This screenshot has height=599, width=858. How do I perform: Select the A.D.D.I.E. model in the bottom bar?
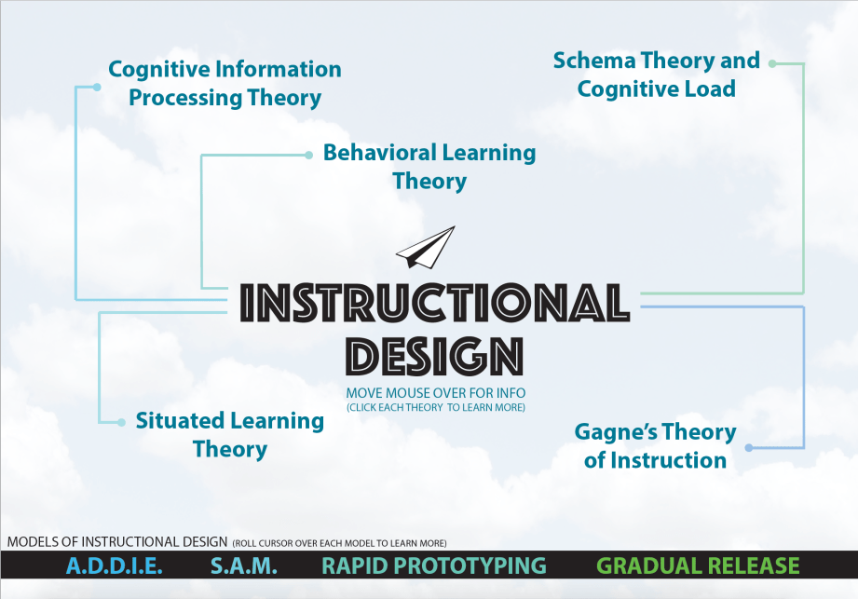pyautogui.click(x=115, y=565)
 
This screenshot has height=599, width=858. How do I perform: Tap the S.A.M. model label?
pyautogui.click(x=244, y=565)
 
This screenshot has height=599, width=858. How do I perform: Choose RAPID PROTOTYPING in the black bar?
pyautogui.click(x=434, y=565)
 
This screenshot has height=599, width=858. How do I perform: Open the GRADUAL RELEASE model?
pyautogui.click(x=698, y=565)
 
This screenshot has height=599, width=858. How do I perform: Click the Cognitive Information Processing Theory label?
pyautogui.click(x=225, y=84)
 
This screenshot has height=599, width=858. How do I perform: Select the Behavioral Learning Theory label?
pyautogui.click(x=429, y=167)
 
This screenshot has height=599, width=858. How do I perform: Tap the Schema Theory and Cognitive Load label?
pyautogui.click(x=657, y=75)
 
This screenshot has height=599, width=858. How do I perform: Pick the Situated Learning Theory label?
pyautogui.click(x=230, y=435)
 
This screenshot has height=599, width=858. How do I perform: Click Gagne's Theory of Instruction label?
pyautogui.click(x=656, y=446)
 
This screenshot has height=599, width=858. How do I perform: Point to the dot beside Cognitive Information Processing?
pyautogui.click(x=97, y=87)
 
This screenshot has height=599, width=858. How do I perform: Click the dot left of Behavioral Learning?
pyautogui.click(x=308, y=156)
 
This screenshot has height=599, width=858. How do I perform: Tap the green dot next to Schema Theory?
pyautogui.click(x=772, y=63)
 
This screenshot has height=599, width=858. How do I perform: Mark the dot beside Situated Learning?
pyautogui.click(x=121, y=422)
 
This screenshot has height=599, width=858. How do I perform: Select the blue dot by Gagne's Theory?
pyautogui.click(x=749, y=448)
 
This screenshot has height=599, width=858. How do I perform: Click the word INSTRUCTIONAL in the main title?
pyautogui.click(x=435, y=302)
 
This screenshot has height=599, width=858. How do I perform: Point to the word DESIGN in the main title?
pyautogui.click(x=435, y=356)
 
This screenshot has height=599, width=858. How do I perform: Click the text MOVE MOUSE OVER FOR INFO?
pyautogui.click(x=436, y=393)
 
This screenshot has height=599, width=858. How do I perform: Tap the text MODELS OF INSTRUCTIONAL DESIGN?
pyautogui.click(x=117, y=542)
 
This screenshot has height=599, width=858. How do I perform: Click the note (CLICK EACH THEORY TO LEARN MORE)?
pyautogui.click(x=436, y=407)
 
